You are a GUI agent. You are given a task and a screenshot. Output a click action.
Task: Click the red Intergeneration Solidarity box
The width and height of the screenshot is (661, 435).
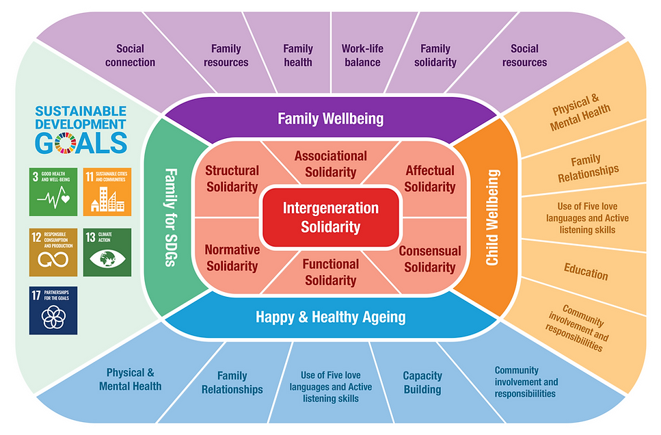coord(330,217)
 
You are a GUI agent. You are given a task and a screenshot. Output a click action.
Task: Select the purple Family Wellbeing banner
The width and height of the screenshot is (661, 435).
coord(330,118)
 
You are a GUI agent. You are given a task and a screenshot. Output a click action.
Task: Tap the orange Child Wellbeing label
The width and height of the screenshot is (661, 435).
coord(491,217)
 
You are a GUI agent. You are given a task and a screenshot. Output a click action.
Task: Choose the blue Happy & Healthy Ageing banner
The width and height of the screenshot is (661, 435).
coord(330,317)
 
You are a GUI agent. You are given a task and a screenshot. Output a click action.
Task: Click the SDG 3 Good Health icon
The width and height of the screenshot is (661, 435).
coord(53,192)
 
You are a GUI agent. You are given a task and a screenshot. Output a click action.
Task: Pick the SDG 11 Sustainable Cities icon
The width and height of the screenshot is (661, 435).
coord(107,192)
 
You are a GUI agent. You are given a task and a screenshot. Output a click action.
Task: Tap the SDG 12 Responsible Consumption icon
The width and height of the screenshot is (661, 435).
coord(53,252)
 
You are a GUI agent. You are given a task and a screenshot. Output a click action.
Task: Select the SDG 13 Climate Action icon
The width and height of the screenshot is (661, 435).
coord(107,252)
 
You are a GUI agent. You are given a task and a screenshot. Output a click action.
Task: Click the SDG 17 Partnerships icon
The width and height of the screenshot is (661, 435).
coord(53,311)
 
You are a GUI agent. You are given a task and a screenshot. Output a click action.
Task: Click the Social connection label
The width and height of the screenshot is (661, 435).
coord(130,55)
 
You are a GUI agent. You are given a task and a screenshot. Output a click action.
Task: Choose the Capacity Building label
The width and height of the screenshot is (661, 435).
coord(422,382)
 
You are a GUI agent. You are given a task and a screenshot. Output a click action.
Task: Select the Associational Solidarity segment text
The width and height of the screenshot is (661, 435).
coord(330,164)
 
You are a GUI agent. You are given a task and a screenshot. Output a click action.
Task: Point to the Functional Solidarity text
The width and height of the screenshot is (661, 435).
coord(331,272)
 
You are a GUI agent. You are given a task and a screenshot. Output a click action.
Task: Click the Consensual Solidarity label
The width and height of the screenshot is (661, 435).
coord(429,259)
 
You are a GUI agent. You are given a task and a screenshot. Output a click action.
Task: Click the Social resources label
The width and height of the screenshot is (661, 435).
coord(524,55)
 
